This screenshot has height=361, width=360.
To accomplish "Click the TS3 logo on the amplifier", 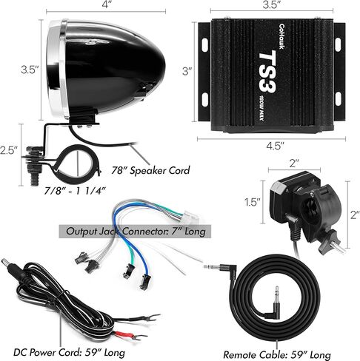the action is coord(267,72).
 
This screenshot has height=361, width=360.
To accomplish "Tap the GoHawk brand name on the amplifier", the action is coord(281,36).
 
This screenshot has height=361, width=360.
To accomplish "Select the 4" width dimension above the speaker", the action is coord(106,4).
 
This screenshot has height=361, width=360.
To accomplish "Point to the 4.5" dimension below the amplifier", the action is coord(275,146).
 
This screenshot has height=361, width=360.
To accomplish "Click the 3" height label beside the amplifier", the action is coord(187,71).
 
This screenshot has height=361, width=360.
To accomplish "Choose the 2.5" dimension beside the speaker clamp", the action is coord(9,150).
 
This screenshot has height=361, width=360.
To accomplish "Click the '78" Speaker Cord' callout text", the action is coord(150,170).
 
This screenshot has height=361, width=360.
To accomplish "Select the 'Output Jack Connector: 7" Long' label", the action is coord(136,232).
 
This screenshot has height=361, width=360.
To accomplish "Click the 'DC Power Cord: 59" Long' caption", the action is coord(69,352).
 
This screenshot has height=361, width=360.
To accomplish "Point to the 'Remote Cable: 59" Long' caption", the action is coord(277,355).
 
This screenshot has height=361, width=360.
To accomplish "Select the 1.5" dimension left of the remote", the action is coord(253,202).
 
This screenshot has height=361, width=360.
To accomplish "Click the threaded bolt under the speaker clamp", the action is coord(34,178).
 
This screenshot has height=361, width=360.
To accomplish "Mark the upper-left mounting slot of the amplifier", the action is coord(204,44).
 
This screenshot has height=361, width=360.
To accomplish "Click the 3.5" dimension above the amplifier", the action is coord(271,4).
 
